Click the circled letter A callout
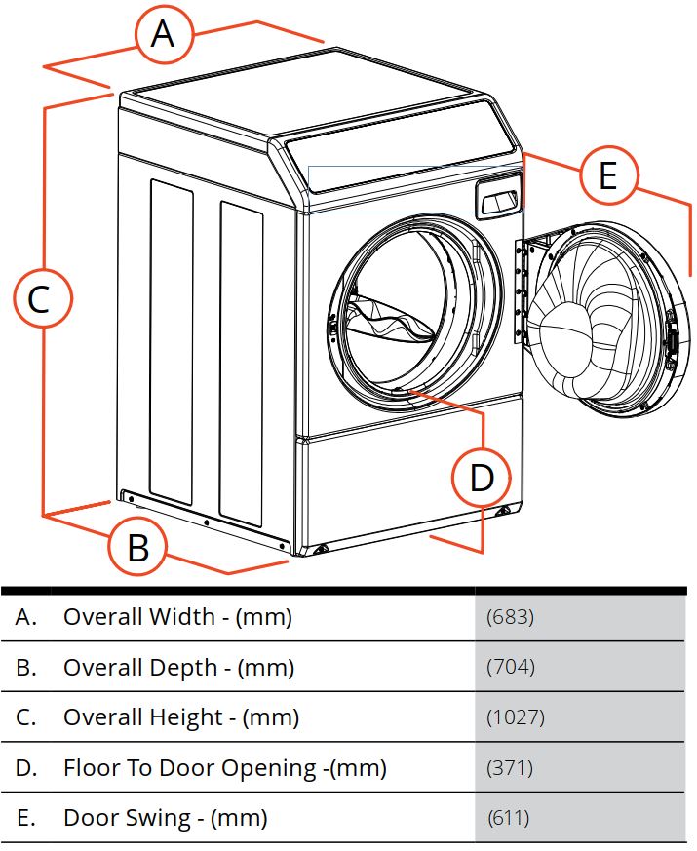(x=163, y=34)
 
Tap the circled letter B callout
(x=137, y=547)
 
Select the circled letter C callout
(x=42, y=298)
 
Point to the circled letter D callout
(x=482, y=478)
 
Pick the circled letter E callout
(x=608, y=175)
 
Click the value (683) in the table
(x=510, y=616)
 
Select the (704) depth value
(x=511, y=667)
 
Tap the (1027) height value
(x=515, y=716)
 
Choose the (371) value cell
(x=510, y=767)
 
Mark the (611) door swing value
(x=508, y=817)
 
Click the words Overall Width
(x=139, y=616)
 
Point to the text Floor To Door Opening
(x=189, y=768)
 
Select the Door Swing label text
(x=128, y=818)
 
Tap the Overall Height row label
(x=143, y=717)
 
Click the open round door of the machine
(x=602, y=319)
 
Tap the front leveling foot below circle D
(x=504, y=510)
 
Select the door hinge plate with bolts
(x=520, y=291)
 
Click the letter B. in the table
(x=25, y=667)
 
